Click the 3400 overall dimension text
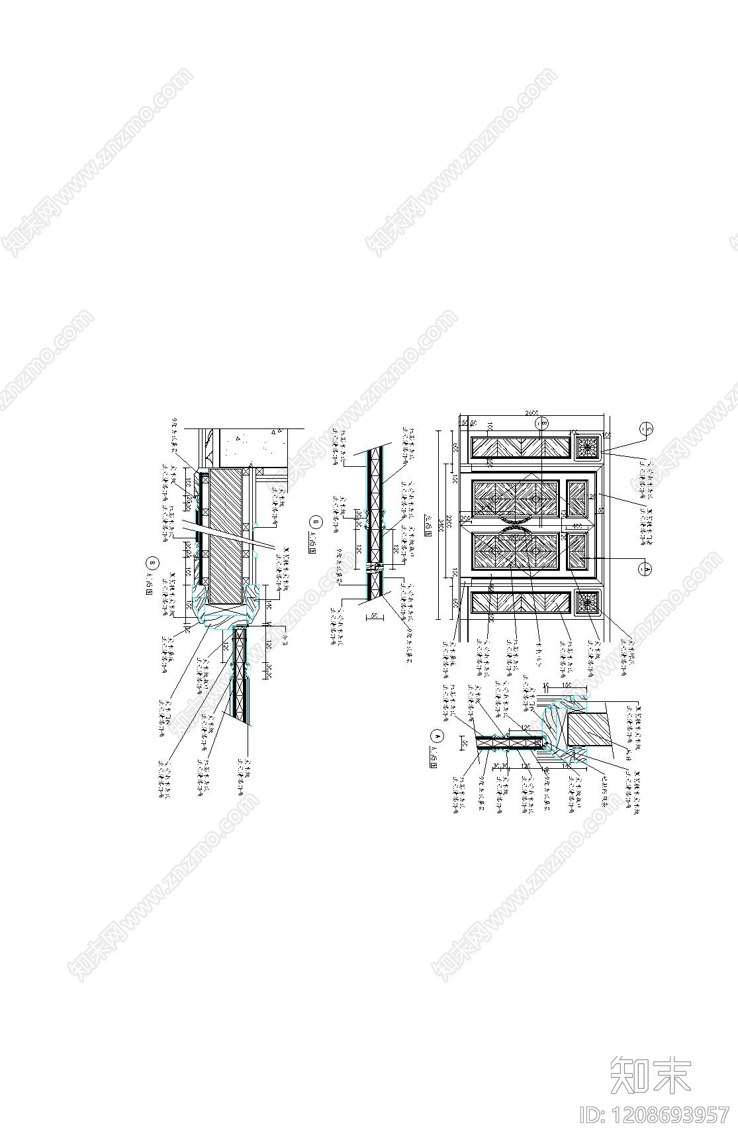[438, 518]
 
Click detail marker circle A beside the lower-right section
[436, 735]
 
